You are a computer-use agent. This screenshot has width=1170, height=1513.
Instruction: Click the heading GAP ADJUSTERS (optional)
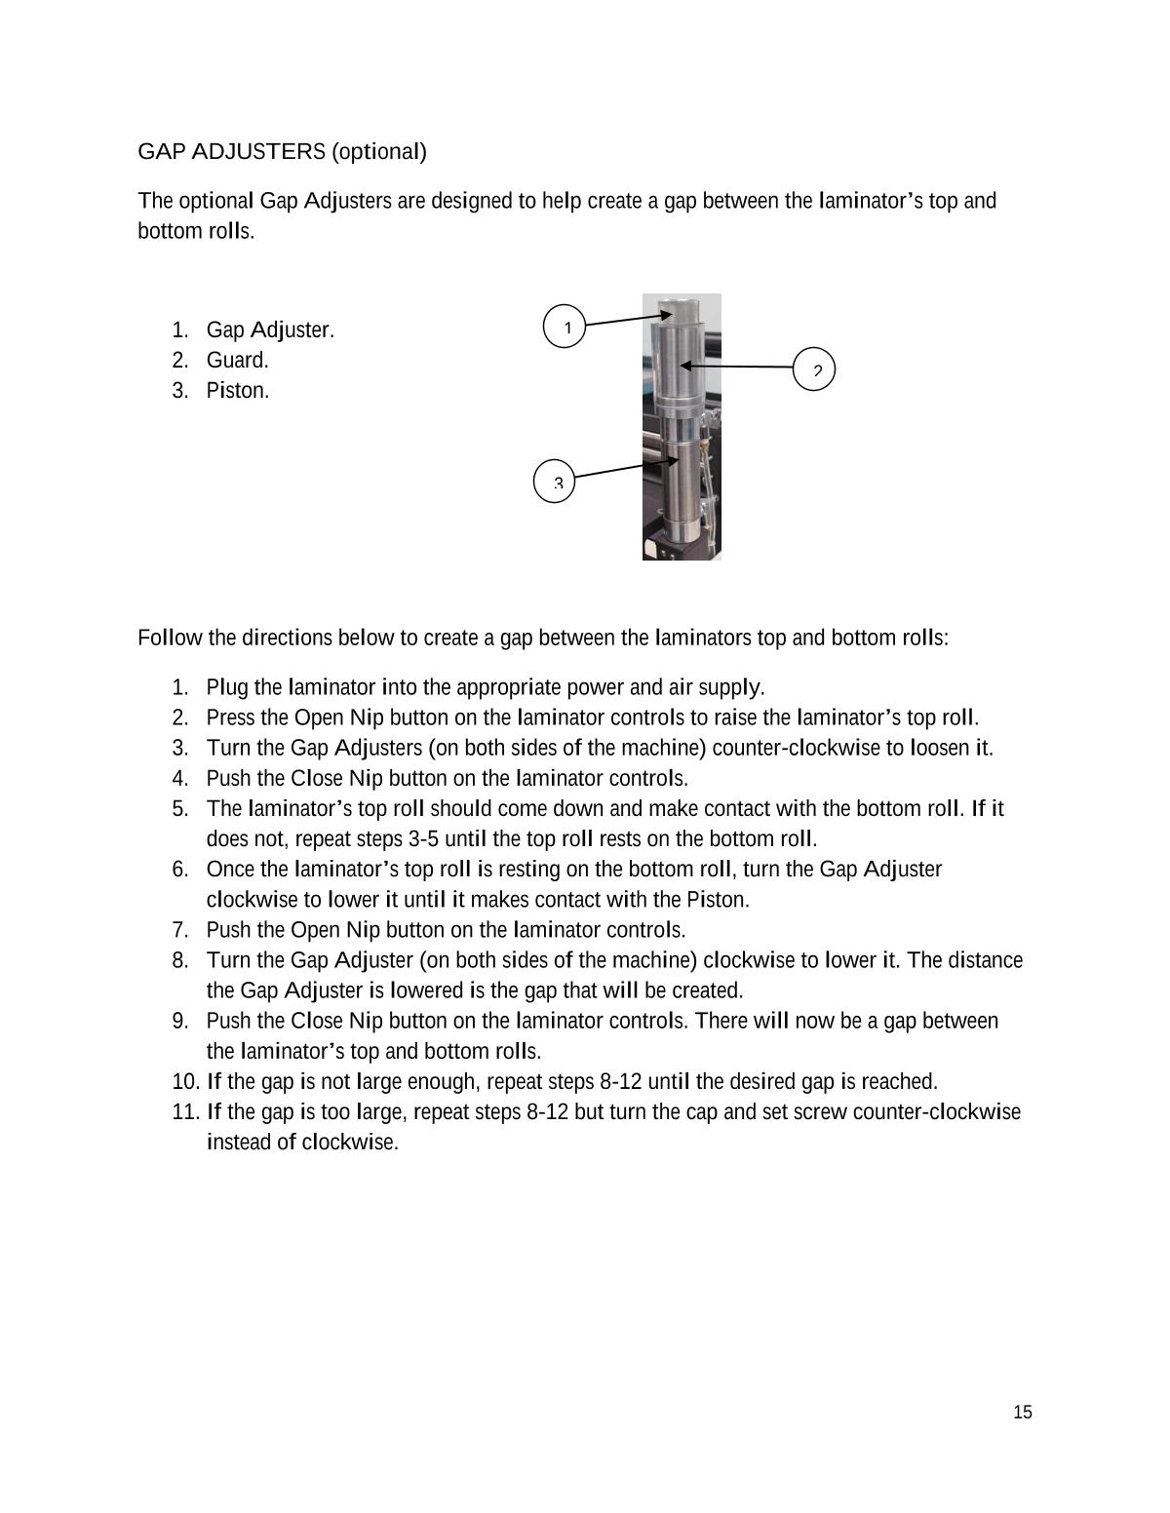[282, 152]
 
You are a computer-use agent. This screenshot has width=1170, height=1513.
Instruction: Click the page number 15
[1022, 1413]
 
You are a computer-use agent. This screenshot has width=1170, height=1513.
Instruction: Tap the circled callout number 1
[564, 326]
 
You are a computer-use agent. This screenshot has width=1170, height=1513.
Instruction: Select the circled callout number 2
[814, 369]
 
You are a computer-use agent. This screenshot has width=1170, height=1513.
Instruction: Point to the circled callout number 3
[555, 481]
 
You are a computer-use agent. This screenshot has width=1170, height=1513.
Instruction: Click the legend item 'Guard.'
[237, 361]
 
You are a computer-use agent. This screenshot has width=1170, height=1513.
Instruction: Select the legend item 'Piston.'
[237, 391]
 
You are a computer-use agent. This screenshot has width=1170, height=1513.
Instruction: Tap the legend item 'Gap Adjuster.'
[269, 330]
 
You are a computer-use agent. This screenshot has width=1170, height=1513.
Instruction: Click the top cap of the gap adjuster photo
[681, 310]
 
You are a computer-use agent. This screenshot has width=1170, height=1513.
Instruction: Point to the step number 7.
[180, 930]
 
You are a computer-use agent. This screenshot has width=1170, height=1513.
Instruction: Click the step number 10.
[184, 1082]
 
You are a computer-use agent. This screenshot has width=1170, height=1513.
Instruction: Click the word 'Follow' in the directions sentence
[170, 639]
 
